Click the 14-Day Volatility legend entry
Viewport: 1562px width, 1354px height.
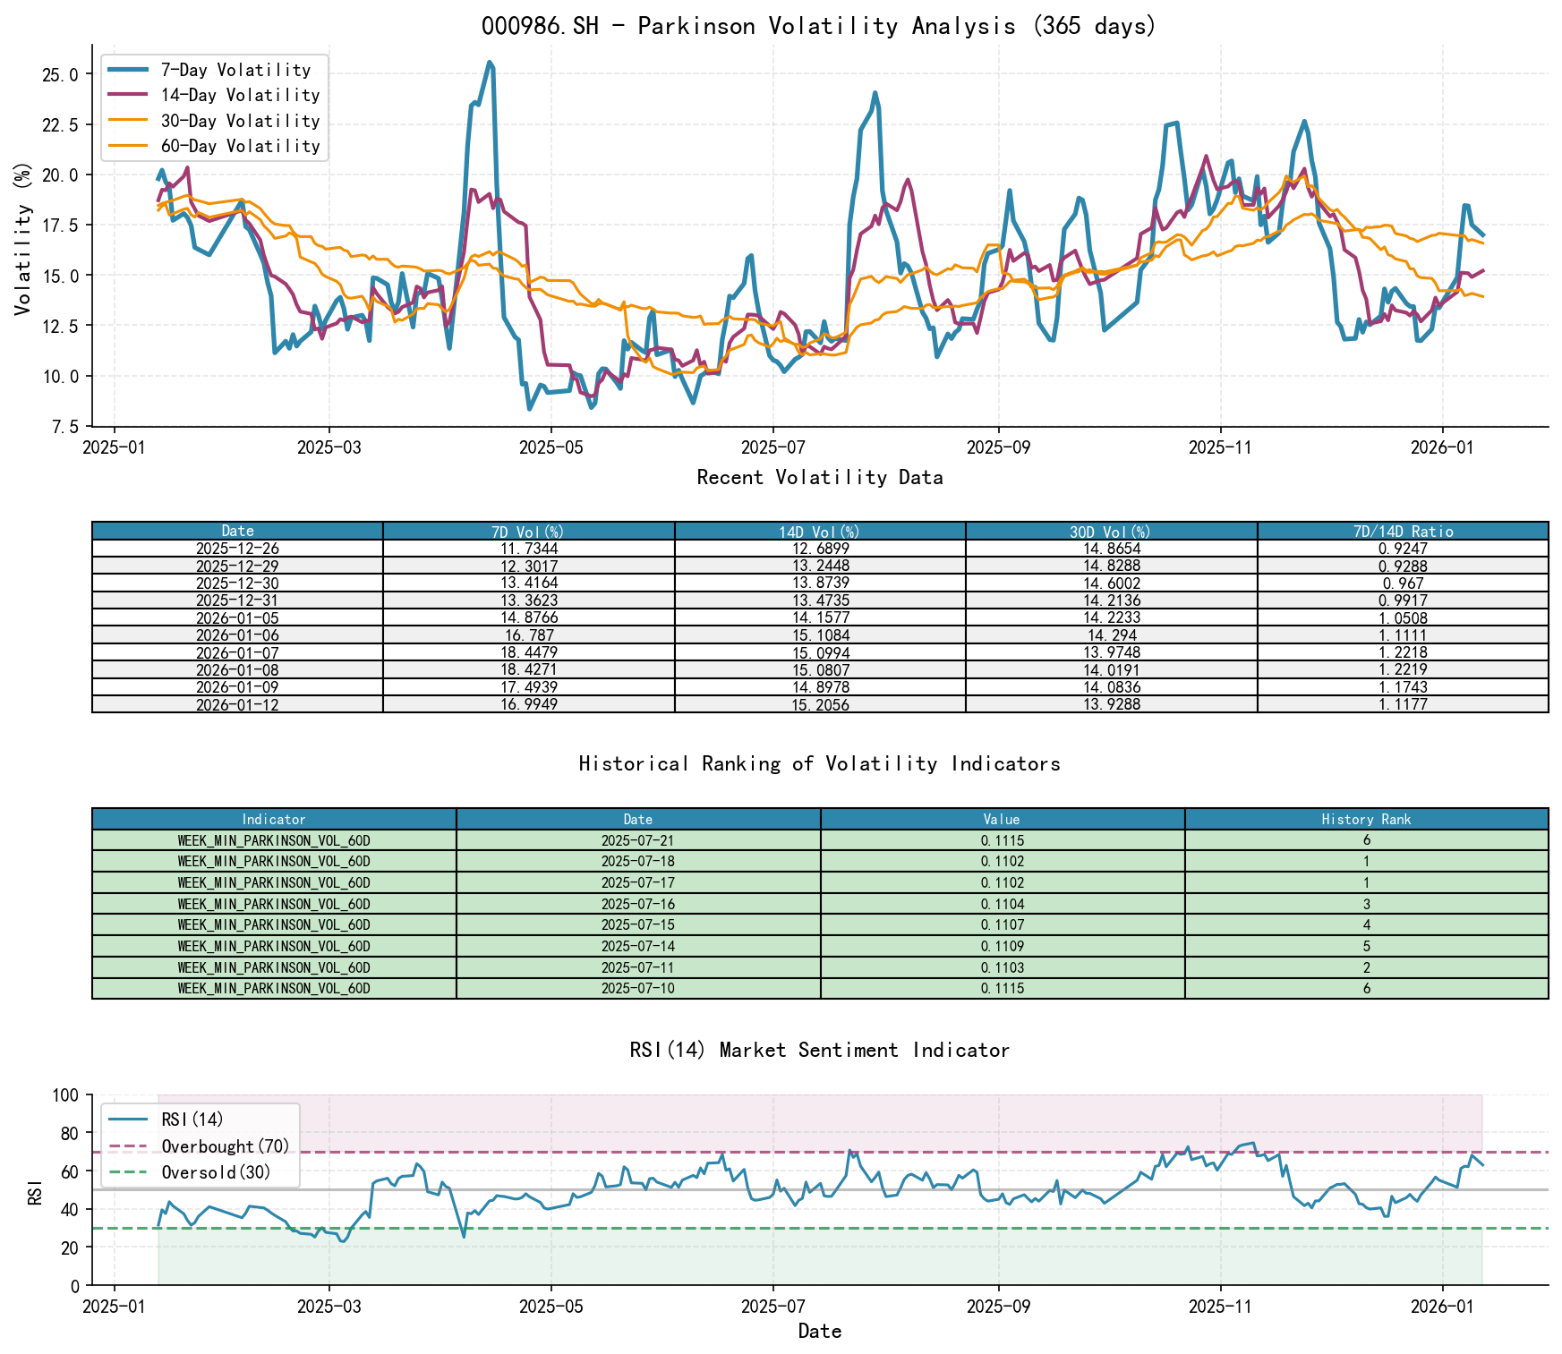[239, 95]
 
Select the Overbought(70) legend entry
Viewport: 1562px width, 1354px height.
[225, 1146]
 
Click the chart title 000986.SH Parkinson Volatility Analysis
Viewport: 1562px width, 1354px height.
[819, 26]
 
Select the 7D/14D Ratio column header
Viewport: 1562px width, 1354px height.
[1402, 532]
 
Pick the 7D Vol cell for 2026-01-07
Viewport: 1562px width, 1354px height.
[528, 653]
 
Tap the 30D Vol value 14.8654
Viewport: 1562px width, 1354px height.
[1111, 549]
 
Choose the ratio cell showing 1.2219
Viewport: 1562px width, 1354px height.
[1402, 670]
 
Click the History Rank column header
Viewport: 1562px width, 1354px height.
[1366, 819]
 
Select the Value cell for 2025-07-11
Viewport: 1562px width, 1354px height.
[1002, 967]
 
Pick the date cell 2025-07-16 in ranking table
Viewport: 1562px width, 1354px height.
[637, 904]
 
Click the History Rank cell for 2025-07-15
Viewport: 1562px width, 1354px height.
[1366, 925]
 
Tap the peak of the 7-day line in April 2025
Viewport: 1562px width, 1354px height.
[490, 63]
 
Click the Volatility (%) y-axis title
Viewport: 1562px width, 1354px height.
[23, 238]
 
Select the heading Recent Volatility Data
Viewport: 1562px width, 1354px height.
[819, 478]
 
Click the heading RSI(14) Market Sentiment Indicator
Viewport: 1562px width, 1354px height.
[819, 1050]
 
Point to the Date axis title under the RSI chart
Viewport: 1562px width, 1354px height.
[819, 1332]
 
